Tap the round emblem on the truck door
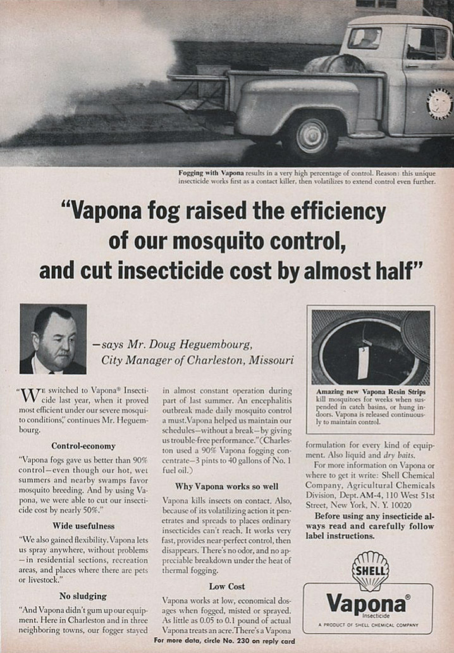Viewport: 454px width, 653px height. click(x=439, y=104)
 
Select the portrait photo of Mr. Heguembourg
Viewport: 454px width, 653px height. click(x=53, y=339)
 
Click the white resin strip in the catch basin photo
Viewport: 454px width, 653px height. click(x=364, y=362)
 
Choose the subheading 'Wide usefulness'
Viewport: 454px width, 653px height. click(x=83, y=525)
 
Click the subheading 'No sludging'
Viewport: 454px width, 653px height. click(x=83, y=595)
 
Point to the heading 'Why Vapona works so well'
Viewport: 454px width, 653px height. click(x=227, y=486)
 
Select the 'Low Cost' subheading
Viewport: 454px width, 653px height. click(x=227, y=586)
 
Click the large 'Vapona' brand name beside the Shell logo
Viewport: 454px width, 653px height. click(x=366, y=602)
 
